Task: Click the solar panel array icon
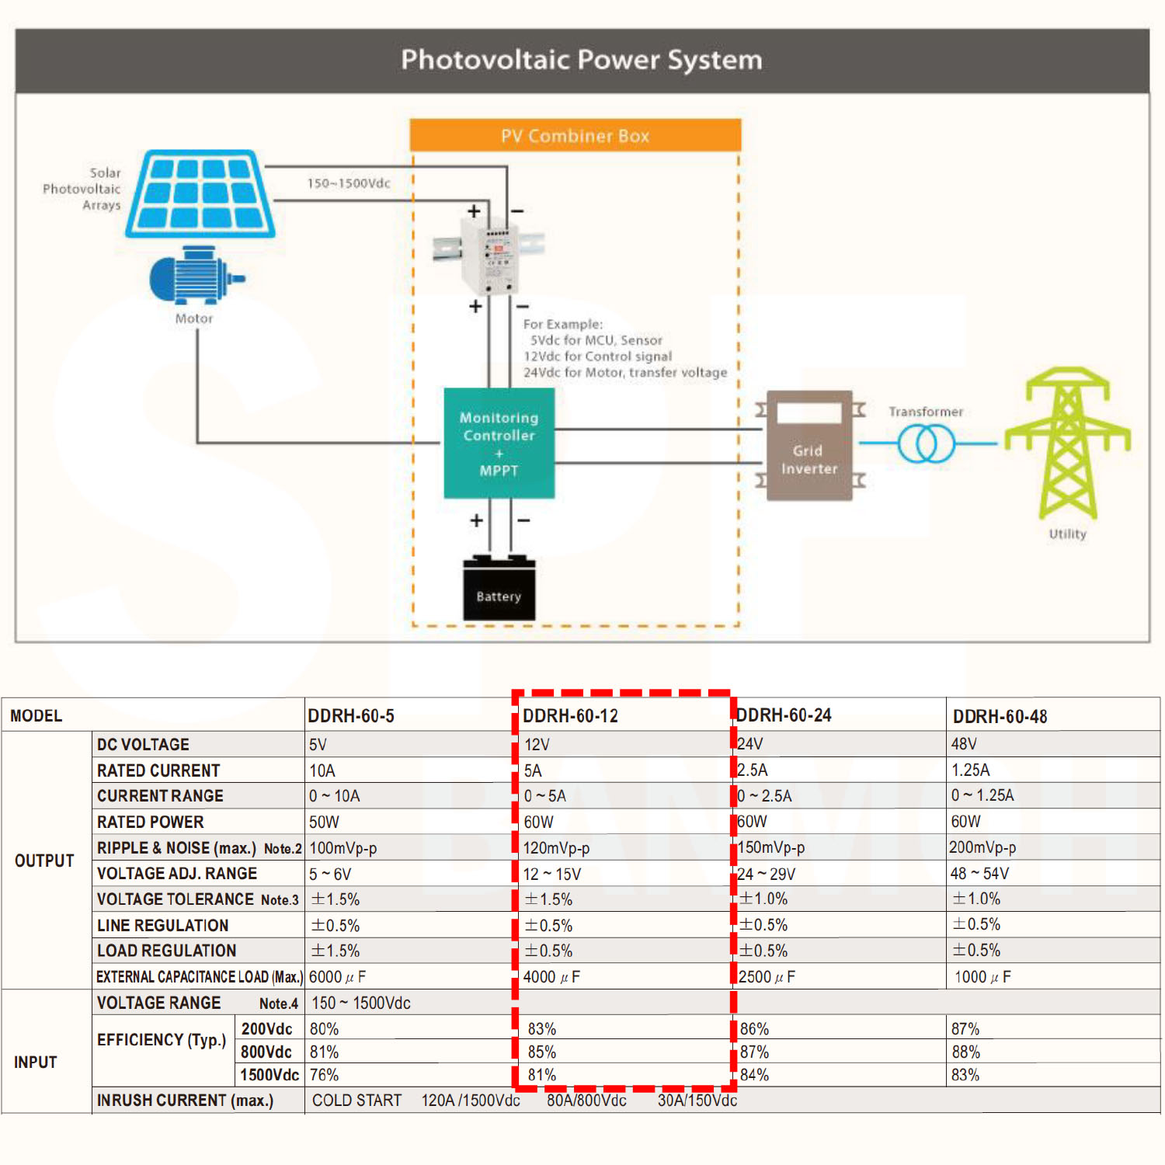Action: pos(200,193)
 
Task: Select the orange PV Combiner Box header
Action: pos(575,136)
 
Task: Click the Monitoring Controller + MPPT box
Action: pos(499,443)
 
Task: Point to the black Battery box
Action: pos(499,591)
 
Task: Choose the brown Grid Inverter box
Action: pos(809,447)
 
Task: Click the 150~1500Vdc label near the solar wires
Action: pos(349,183)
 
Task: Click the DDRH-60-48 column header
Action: pos(1000,716)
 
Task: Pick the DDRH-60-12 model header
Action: pos(570,716)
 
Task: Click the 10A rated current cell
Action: pos(322,770)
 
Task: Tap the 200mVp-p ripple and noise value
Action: pos(982,847)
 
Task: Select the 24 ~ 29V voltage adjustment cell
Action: pos(766,874)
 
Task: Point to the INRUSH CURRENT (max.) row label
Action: pos(185,1101)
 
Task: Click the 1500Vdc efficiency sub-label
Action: pos(269,1075)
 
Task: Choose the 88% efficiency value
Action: pos(965,1052)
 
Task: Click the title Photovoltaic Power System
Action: pos(582,60)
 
